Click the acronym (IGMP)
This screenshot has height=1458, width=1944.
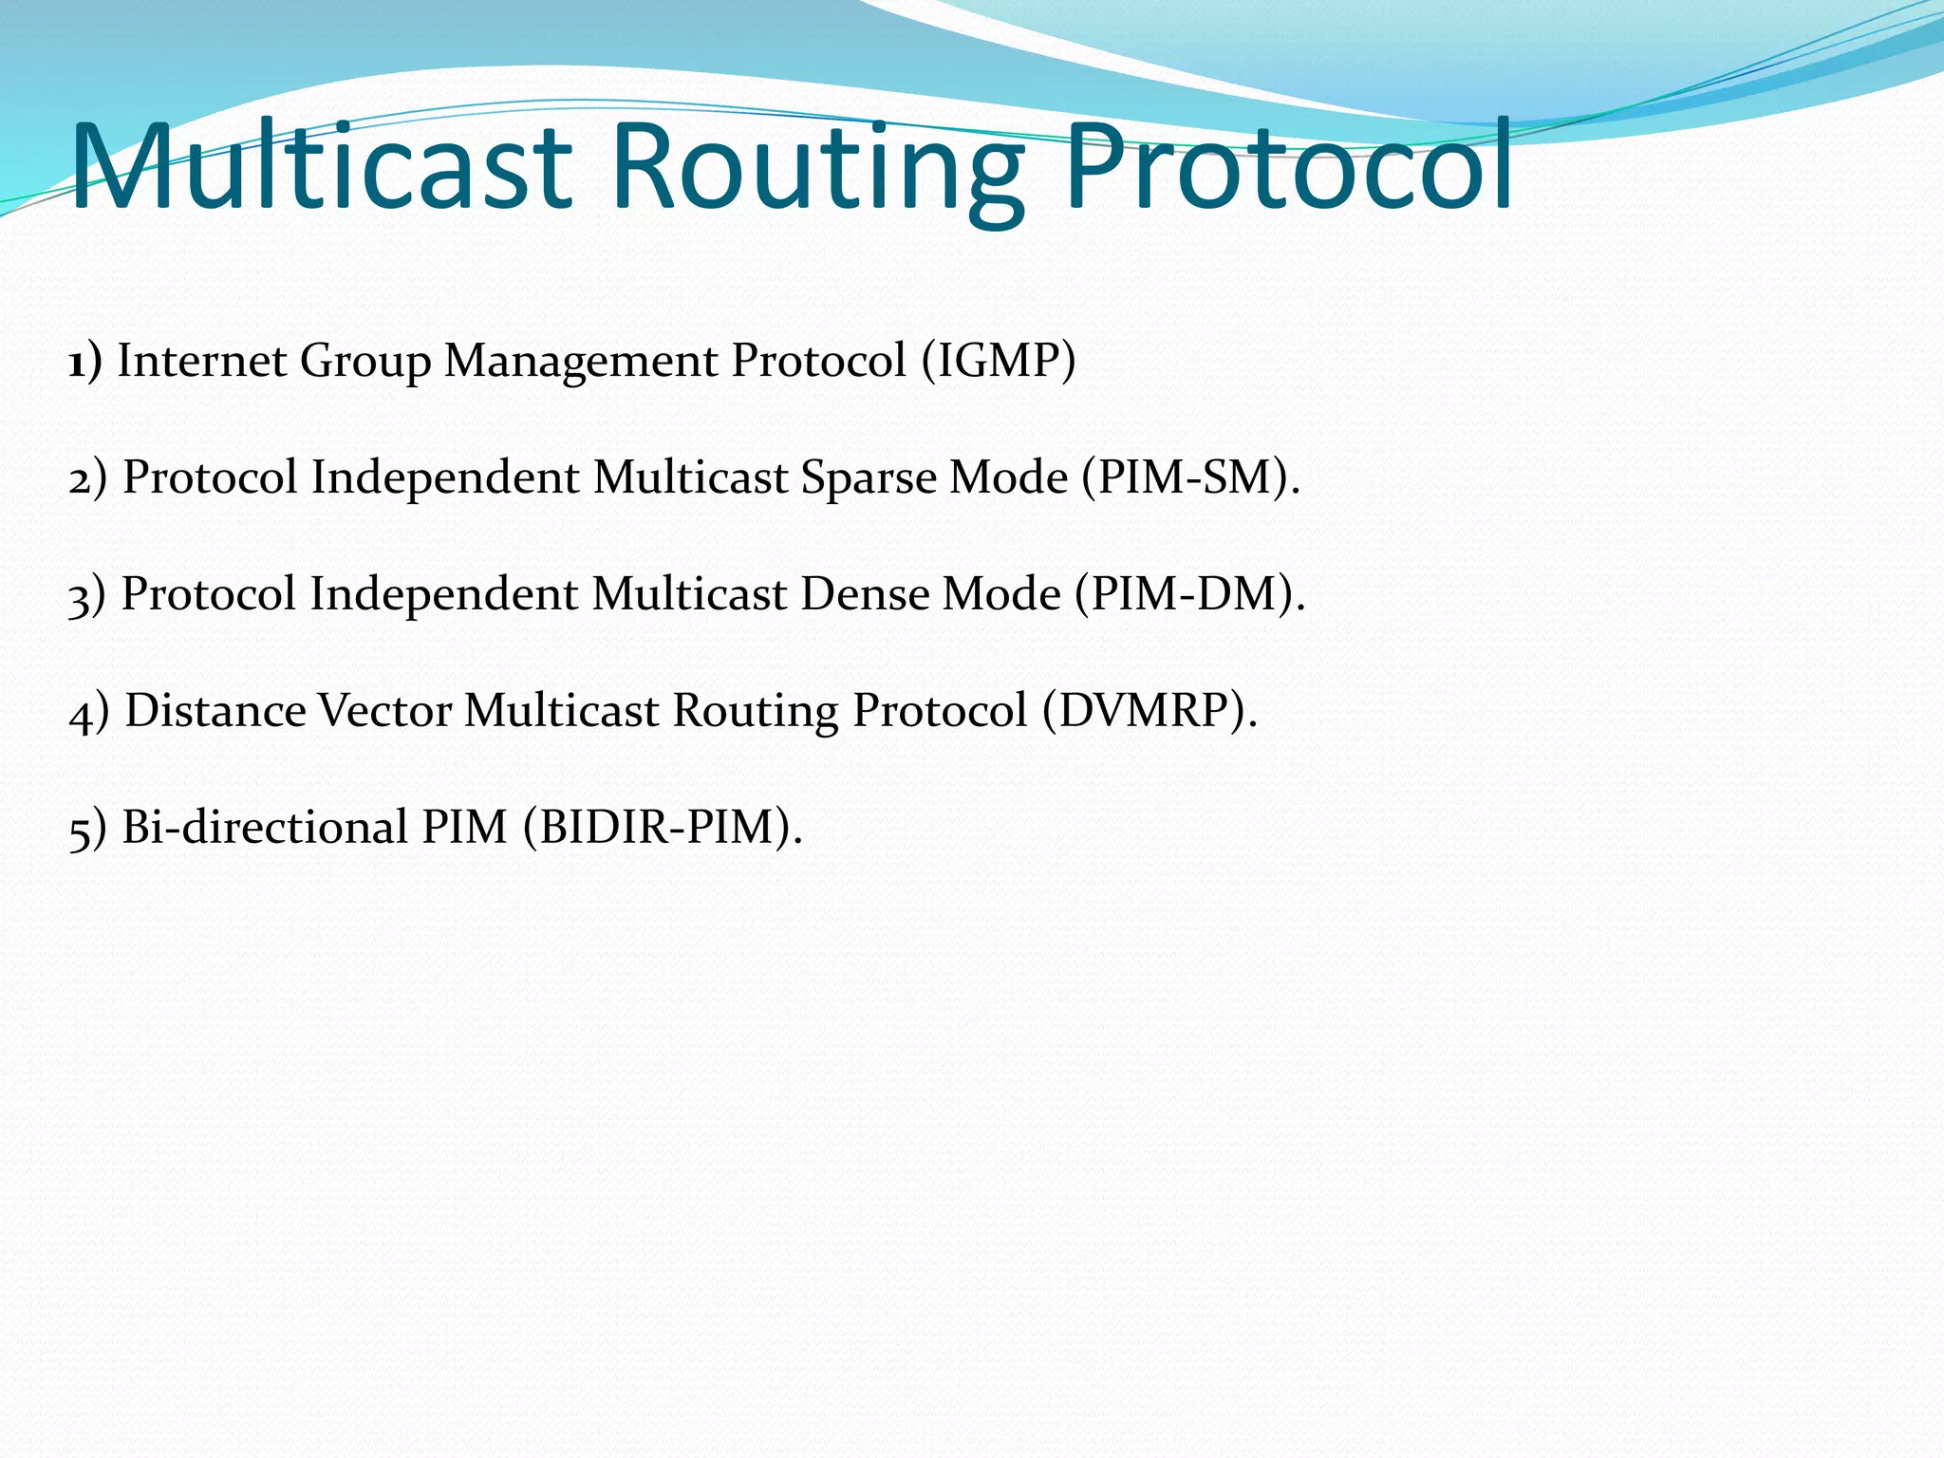[x=999, y=362]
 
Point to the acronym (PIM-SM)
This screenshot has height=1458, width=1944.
[x=1190, y=477]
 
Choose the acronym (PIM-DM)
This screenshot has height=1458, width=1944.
[x=1190, y=594]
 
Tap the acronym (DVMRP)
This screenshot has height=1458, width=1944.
[x=1149, y=711]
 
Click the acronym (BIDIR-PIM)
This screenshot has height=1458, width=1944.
[x=662, y=827]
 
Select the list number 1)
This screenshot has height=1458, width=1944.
[x=85, y=362]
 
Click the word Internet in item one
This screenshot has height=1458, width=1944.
[x=201, y=362]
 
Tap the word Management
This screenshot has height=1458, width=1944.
[x=580, y=362]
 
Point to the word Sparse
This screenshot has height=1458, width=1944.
[x=868, y=477]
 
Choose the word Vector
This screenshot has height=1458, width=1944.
[x=384, y=711]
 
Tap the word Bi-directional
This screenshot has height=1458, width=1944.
[x=265, y=827]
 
